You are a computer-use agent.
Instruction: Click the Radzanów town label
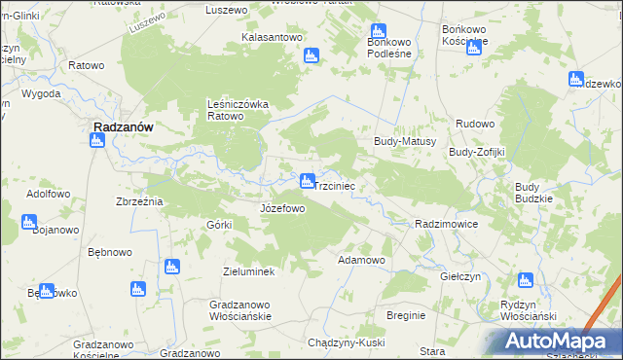[121, 126]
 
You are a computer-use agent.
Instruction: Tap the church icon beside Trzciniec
[307, 181]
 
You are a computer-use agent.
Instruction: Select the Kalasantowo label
[272, 37]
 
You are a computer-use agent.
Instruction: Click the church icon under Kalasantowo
[311, 56]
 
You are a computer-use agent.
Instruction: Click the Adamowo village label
[361, 261]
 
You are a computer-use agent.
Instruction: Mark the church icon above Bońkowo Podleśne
[378, 32]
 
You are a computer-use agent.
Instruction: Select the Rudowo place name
[476, 125]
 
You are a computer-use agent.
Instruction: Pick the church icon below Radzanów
[96, 141]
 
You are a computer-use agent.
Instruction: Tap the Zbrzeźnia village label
[138, 200]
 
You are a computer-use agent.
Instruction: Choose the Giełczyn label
[461, 276]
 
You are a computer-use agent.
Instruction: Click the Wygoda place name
[41, 94]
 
